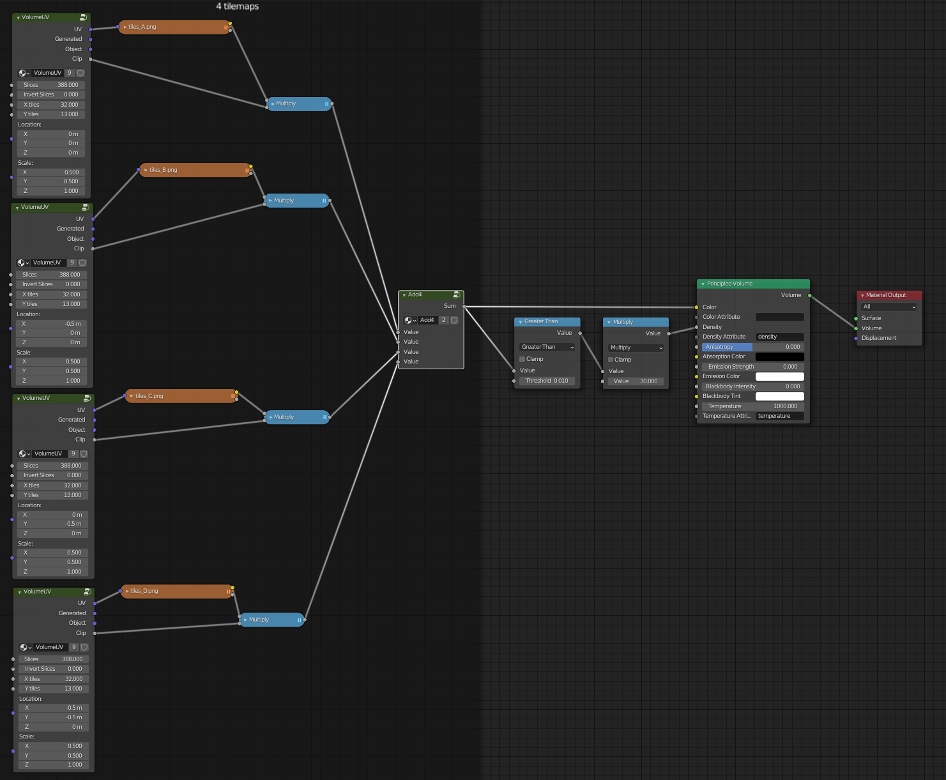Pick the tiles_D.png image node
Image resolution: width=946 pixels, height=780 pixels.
tap(176, 591)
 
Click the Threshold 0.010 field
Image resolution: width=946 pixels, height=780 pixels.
tap(547, 381)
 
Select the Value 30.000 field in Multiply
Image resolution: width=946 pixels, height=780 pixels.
tap(636, 381)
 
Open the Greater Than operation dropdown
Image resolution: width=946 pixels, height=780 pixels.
tap(547, 347)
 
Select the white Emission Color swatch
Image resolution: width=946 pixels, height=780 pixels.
tap(779, 376)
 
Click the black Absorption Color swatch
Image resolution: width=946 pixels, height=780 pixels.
tap(779, 356)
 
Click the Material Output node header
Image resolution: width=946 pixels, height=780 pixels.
tap(889, 295)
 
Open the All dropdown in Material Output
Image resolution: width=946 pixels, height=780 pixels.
tap(889, 307)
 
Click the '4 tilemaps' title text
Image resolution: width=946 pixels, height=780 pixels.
tap(238, 6)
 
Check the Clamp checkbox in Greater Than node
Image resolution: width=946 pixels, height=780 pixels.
tap(523, 359)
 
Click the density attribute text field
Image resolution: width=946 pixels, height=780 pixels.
tap(779, 337)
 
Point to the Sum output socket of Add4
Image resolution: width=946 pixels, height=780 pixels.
tap(464, 306)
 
